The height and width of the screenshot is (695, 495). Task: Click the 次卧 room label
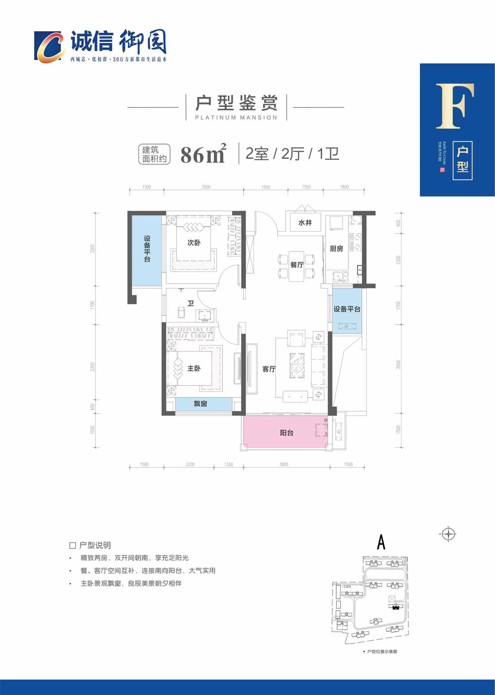[194, 243]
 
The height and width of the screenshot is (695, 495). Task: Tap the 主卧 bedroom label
[194, 368]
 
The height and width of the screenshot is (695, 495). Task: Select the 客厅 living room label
[269, 369]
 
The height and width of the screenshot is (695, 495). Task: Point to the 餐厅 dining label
[297, 265]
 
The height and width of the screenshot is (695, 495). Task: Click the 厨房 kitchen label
[337, 248]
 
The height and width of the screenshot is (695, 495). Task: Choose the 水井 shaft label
[305, 223]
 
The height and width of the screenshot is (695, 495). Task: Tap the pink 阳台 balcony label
[287, 433]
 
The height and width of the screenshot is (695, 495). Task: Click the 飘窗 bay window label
[200, 404]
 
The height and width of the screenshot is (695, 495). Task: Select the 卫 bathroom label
[191, 303]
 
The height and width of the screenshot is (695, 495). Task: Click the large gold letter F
[454, 106]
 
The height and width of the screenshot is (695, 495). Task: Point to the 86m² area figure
[203, 154]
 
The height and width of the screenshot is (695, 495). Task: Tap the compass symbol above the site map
[448, 534]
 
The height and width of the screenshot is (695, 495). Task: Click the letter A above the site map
[381, 543]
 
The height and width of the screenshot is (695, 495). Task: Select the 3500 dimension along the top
[206, 187]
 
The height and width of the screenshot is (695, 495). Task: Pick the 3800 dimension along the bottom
[284, 464]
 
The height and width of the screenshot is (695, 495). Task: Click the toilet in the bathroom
[181, 312]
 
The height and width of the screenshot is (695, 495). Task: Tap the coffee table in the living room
[297, 366]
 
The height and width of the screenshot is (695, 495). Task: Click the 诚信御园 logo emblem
[49, 47]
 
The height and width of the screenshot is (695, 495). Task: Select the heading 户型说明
[95, 545]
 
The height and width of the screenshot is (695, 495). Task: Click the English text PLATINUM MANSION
[236, 118]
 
